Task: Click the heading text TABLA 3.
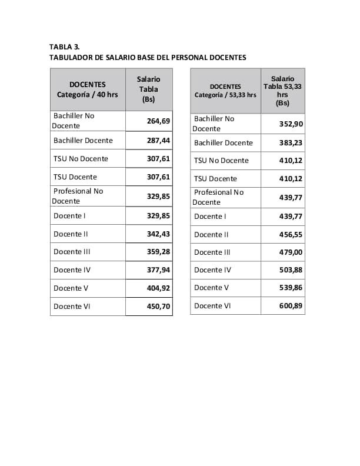coord(64,46)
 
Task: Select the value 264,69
coord(158,121)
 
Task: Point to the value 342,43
coord(158,234)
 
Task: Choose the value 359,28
coord(158,252)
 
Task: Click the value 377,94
coord(158,270)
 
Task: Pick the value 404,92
coord(158,288)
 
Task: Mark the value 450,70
coord(158,307)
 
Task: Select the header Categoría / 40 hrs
coord(87,94)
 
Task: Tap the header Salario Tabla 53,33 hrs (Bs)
coord(282,91)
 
